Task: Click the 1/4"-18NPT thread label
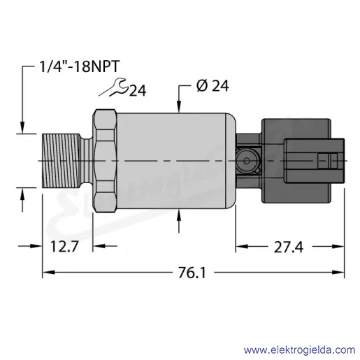tap(80, 66)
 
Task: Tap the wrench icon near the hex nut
tap(114, 87)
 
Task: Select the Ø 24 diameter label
tap(213, 86)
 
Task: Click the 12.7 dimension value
tap(64, 247)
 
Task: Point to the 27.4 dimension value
tap(289, 247)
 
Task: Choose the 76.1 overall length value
tap(192, 273)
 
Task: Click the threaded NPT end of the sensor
tap(62, 161)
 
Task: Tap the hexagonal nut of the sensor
tap(105, 161)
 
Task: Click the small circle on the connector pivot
tap(246, 161)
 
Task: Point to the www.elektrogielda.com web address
tap(299, 350)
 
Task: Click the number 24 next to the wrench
tap(138, 91)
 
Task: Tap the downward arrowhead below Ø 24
tap(179, 107)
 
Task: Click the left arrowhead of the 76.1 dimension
tap(48, 272)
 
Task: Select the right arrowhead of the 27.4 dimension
tap(338, 246)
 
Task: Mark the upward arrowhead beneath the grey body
tap(179, 215)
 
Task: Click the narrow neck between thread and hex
tap(87, 161)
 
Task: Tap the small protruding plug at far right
tap(314, 161)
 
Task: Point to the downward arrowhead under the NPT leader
tap(22, 127)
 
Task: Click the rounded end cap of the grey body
tap(231, 161)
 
